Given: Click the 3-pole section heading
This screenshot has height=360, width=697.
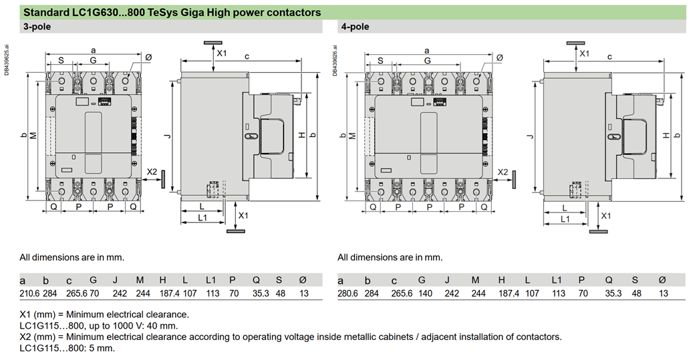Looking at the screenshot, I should coord(37,27).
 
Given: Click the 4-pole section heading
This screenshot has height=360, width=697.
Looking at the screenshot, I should coord(356,27).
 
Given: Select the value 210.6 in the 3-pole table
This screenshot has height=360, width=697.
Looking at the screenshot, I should coord(29,293).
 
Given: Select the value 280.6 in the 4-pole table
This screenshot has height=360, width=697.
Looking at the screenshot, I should coord(347,293).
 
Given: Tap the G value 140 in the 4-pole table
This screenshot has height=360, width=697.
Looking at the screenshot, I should coord(425,293).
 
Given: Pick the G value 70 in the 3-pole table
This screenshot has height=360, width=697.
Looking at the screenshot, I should coord(94,293).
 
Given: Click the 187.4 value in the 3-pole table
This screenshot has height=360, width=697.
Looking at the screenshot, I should coord(170,293).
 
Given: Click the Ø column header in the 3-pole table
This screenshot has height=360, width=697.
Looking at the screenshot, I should coord(303,281).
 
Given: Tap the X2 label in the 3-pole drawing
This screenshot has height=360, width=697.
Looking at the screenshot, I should coord(152,172).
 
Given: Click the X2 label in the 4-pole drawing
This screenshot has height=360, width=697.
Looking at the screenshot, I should coord(503,172).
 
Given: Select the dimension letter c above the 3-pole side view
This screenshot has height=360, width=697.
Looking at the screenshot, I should coord(247,57).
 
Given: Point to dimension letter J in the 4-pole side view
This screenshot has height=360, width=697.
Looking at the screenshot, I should coord(530,136).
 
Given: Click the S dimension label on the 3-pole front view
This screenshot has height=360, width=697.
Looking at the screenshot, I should coord(61,60).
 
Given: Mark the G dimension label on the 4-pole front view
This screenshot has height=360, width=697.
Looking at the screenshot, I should coord(427,60).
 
